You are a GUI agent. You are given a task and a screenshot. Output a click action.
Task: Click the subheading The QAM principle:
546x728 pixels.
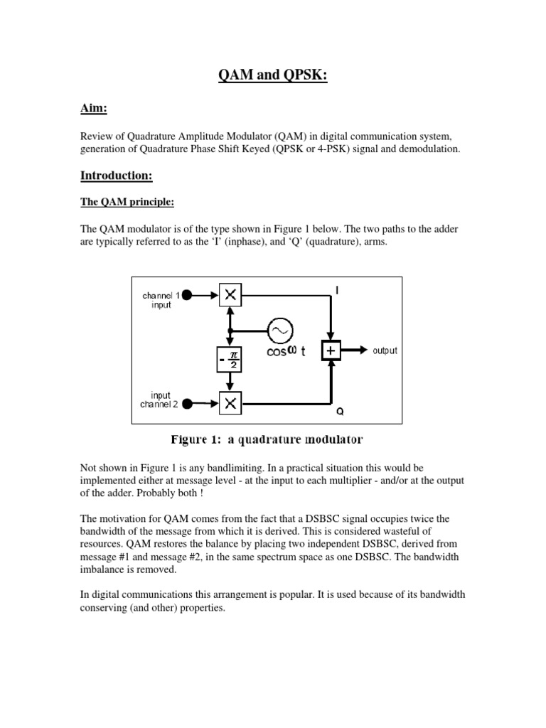pyautogui.click(x=125, y=202)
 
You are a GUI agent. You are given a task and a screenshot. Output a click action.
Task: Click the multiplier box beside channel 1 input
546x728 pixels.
pyautogui.click(x=230, y=294)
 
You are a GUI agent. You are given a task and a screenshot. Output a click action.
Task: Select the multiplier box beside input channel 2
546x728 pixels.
pyautogui.click(x=230, y=403)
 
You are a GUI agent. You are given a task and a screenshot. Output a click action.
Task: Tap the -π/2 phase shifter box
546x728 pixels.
pyautogui.click(x=230, y=360)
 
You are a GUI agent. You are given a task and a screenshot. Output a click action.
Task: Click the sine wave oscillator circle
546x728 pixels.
pyautogui.click(x=279, y=330)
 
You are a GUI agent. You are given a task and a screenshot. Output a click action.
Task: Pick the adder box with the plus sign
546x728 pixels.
pyautogui.click(x=331, y=350)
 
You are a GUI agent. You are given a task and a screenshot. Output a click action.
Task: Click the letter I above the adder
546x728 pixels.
pyautogui.click(x=337, y=289)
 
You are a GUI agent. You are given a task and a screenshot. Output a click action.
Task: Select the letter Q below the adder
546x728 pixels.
pyautogui.click(x=338, y=412)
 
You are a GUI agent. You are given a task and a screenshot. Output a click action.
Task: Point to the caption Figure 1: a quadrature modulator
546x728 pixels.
pyautogui.click(x=267, y=439)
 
